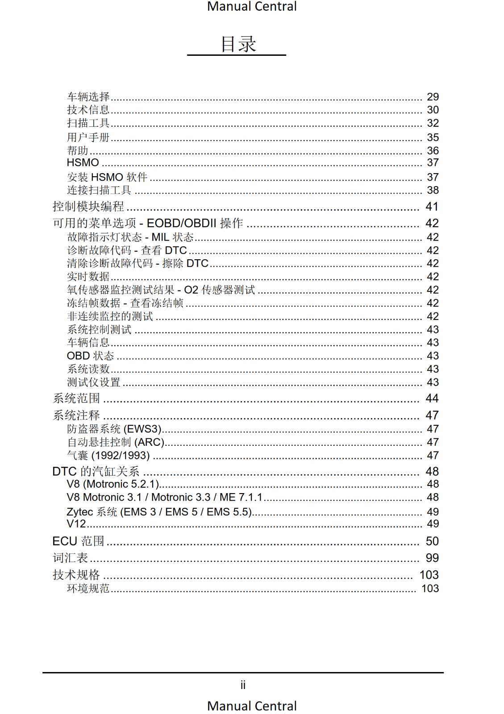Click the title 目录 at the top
(x=238, y=44)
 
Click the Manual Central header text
(x=252, y=7)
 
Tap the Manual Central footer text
(x=252, y=706)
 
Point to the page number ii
(x=243, y=685)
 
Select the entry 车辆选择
(x=88, y=97)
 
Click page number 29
(x=433, y=97)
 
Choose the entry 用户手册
(x=88, y=137)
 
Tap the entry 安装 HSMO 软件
(x=107, y=177)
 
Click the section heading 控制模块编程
(x=88, y=207)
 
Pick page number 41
(x=432, y=207)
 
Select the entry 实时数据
(x=88, y=277)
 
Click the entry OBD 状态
(x=90, y=356)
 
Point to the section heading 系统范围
(x=76, y=399)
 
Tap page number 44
(x=432, y=399)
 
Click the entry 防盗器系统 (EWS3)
(x=114, y=429)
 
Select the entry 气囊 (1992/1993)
(x=108, y=456)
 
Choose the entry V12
(x=76, y=523)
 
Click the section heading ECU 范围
(x=78, y=541)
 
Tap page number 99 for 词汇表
(x=432, y=558)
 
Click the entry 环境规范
(x=88, y=589)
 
